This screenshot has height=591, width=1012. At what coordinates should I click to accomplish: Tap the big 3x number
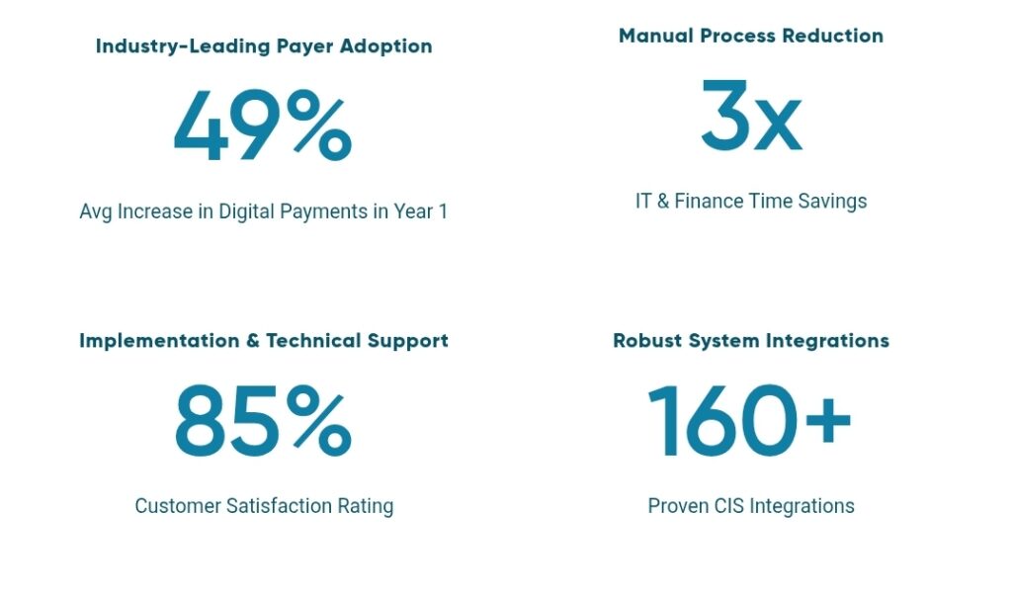[x=751, y=117]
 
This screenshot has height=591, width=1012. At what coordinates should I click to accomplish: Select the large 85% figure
[x=262, y=423]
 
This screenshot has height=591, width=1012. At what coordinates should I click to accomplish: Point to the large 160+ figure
[x=749, y=423]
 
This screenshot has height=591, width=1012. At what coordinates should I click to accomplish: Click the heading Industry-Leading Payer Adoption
[x=264, y=46]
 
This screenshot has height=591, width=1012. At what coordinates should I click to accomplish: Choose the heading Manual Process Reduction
[x=751, y=36]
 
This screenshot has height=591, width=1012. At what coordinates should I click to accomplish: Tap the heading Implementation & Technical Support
[x=264, y=341]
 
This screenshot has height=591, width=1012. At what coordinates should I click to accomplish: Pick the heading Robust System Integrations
[x=751, y=341]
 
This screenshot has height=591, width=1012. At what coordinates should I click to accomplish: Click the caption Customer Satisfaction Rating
[x=264, y=506]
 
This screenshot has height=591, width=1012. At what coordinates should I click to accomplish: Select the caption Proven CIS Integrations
[x=751, y=506]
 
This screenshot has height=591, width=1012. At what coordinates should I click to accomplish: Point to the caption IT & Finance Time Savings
[x=751, y=201]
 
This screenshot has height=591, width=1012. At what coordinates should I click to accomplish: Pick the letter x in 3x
[x=779, y=127]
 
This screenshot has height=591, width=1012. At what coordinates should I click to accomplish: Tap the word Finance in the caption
[x=709, y=201]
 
